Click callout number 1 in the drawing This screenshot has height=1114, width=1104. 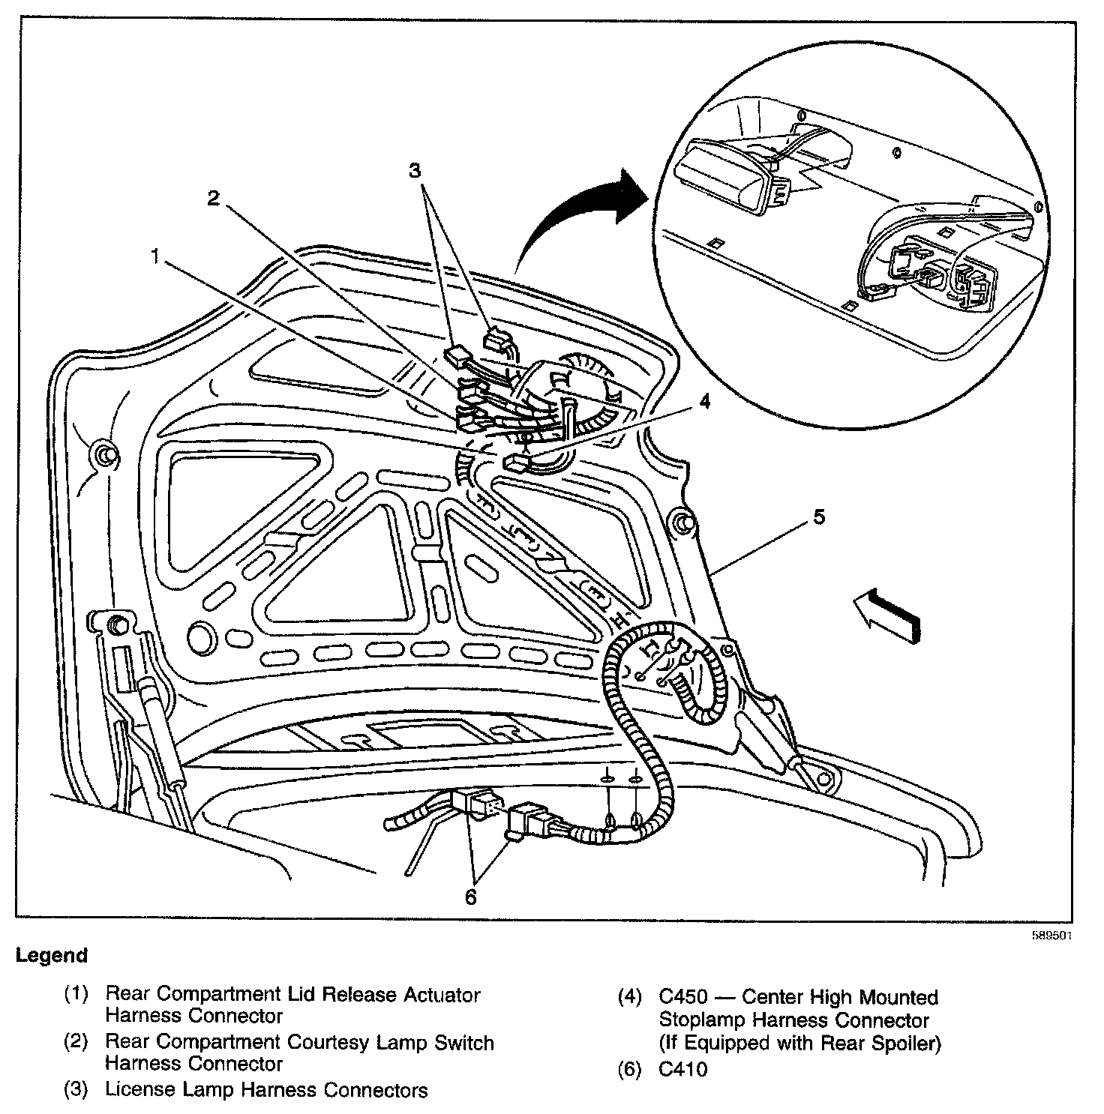(155, 257)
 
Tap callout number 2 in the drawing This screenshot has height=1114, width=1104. (214, 199)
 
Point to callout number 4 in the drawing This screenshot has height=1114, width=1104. (703, 402)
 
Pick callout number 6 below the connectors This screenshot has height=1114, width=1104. (470, 897)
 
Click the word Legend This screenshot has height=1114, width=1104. (52, 956)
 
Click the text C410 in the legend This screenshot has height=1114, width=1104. (682, 1070)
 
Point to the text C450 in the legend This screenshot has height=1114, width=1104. (682, 998)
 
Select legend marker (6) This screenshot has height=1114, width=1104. (629, 1070)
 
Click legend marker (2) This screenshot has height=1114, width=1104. (76, 1044)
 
